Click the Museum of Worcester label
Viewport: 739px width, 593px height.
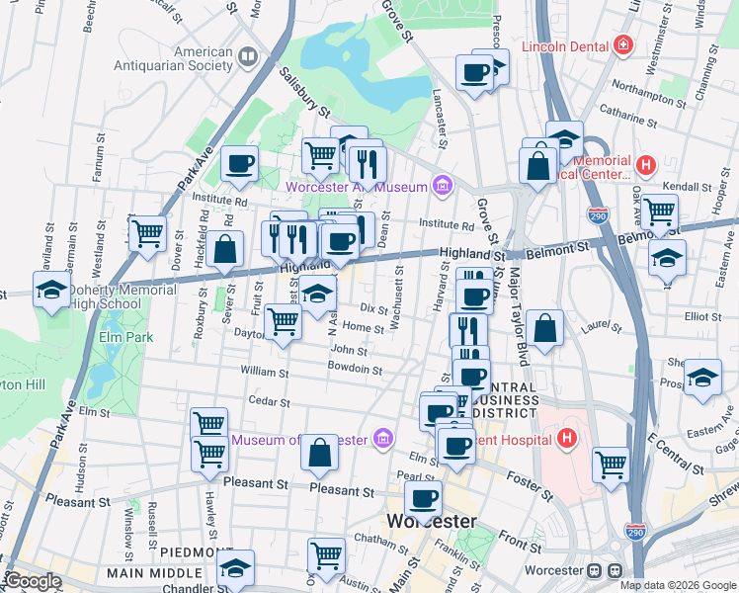click(300, 439)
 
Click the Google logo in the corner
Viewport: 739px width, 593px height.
click(34, 581)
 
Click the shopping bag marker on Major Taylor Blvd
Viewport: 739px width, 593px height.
click(544, 327)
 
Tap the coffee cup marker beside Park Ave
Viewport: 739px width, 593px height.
click(239, 164)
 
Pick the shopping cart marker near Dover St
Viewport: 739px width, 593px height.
click(147, 234)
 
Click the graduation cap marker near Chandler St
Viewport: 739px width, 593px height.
click(235, 568)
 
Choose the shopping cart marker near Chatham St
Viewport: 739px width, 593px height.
click(326, 556)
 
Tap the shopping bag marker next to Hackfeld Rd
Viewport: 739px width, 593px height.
click(225, 249)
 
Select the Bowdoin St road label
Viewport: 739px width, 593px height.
click(356, 369)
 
